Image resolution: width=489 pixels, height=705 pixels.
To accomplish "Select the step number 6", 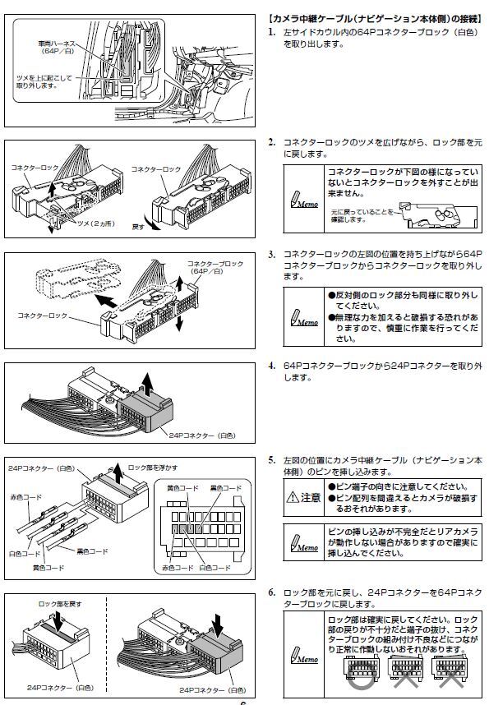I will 271,592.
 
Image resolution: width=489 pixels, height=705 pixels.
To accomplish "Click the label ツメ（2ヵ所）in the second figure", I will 95,222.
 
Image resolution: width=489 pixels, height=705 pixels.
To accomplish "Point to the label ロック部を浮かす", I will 153,466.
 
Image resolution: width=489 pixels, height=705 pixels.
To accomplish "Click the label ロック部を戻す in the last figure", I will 60,604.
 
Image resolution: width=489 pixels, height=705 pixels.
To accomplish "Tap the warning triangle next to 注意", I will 293,497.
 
